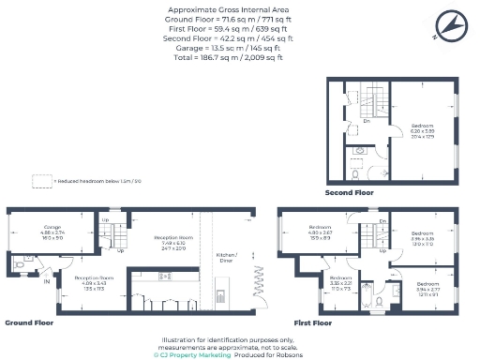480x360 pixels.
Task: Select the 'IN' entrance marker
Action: point(46,280)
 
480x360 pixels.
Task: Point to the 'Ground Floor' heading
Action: point(29,322)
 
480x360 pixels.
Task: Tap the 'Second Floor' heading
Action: point(350,192)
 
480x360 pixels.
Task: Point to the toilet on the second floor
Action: point(358,172)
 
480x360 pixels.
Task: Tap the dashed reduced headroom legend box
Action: point(40,181)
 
